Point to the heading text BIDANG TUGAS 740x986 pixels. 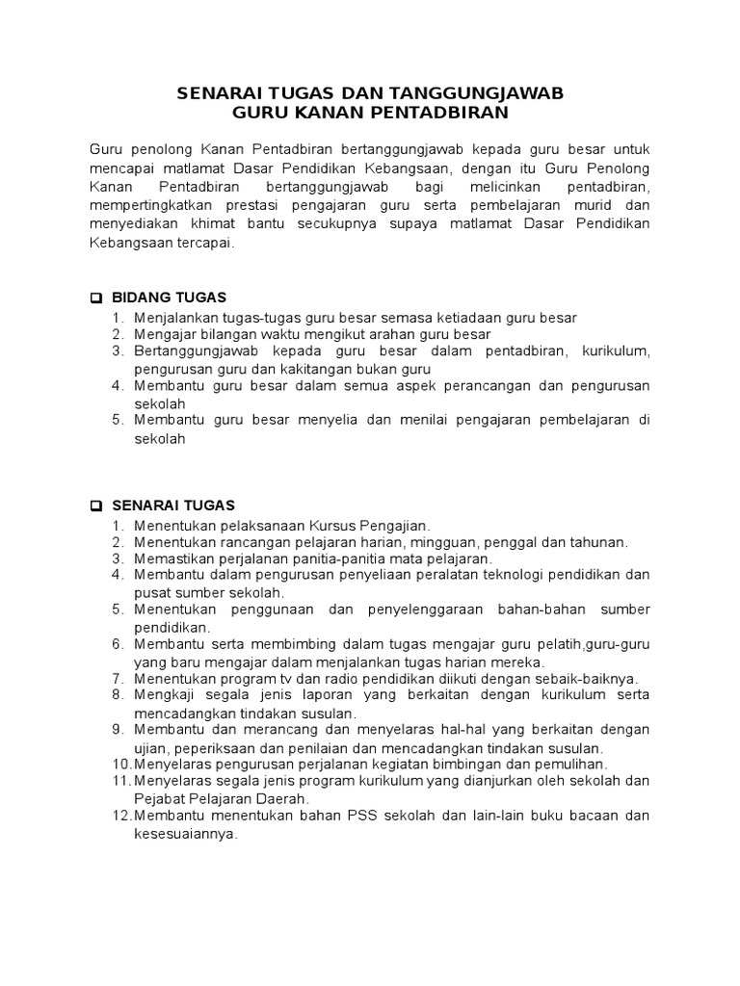[170, 298]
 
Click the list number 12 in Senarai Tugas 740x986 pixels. [120, 816]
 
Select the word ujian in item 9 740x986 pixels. [149, 747]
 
